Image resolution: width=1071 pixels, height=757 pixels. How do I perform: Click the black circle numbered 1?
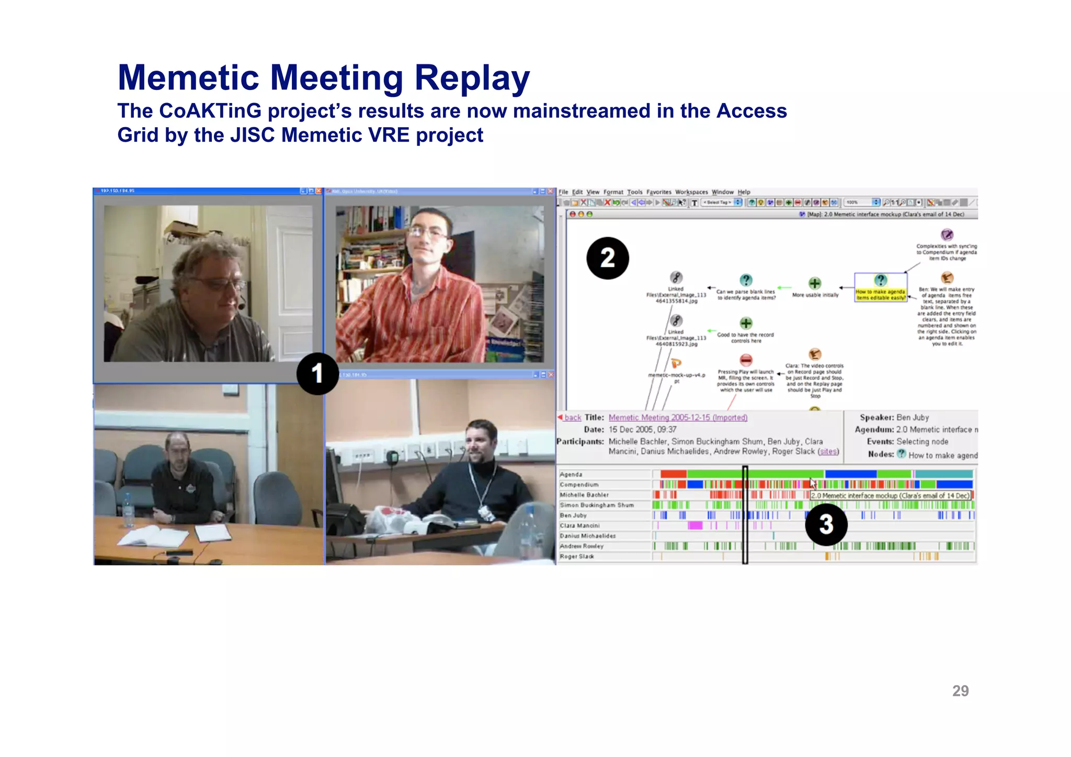tap(317, 374)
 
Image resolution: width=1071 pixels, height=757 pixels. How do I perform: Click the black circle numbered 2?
tap(607, 258)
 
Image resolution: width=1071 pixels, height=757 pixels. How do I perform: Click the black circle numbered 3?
tap(826, 524)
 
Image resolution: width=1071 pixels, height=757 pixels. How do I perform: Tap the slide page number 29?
tap(960, 691)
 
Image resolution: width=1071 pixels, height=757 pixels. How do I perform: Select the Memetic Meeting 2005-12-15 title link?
tap(678, 417)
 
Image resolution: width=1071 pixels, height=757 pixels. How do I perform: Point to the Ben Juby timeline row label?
tap(573, 515)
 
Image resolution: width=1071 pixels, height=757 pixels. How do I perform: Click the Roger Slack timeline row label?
tap(576, 557)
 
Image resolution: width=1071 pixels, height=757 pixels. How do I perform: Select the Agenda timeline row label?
tap(571, 474)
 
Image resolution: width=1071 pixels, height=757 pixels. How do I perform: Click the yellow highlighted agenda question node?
tap(881, 295)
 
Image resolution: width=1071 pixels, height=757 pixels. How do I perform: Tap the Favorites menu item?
tap(658, 192)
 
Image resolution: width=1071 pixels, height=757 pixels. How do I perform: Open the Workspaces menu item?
tap(691, 192)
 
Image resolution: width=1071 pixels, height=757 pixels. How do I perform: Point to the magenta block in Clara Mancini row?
tap(695, 525)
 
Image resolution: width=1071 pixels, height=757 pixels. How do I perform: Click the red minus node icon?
tap(746, 360)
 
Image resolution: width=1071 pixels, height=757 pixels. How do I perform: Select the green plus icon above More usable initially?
tap(815, 284)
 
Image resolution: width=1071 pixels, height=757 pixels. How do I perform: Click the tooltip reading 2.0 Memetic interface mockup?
tap(890, 495)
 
